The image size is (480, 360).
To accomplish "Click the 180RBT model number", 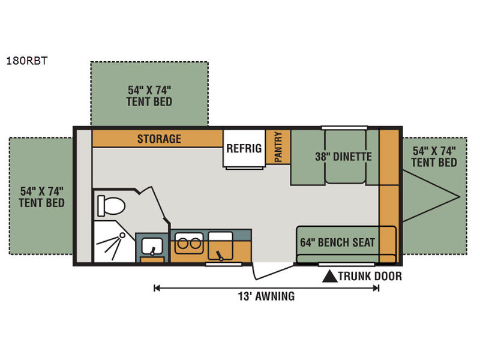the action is click(27, 61).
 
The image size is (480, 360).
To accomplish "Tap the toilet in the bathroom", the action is click(111, 206).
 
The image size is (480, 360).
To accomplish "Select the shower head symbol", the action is click(122, 235).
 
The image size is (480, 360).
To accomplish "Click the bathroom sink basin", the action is click(152, 246).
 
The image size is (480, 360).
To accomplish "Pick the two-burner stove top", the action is click(189, 244).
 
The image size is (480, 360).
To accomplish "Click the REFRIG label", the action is click(244, 148).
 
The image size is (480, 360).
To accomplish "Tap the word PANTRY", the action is click(278, 147).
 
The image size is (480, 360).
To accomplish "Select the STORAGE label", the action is click(159, 139).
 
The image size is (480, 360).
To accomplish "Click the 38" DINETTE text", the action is click(343, 157).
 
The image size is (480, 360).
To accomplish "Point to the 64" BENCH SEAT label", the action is click(338, 242).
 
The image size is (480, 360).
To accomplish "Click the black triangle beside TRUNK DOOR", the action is click(330, 277).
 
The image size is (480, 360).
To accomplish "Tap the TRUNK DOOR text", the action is click(370, 276).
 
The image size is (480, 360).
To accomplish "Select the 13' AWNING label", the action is click(266, 296).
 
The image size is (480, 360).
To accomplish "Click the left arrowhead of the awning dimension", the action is click(157, 288).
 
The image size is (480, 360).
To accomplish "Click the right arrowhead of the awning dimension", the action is click(377, 288).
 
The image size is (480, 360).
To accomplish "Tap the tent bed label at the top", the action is click(149, 96).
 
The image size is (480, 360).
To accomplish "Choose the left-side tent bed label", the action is click(41, 197).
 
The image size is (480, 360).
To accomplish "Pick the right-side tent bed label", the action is click(434, 157).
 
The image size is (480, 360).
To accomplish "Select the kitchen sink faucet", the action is click(220, 256).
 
